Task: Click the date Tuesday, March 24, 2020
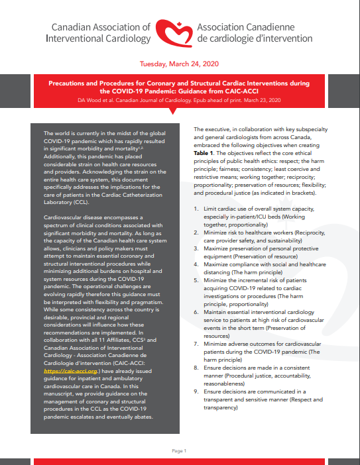click(180, 65)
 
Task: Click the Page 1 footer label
click(180, 450)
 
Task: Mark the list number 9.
click(196, 391)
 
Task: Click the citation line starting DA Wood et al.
click(180, 99)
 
